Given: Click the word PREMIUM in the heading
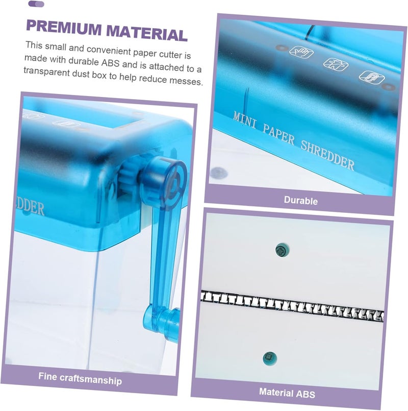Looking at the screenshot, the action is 64,27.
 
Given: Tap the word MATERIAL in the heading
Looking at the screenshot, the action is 147,33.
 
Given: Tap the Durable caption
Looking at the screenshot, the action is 300,201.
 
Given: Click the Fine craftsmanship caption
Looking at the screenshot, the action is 80,378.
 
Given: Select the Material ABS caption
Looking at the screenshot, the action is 287,393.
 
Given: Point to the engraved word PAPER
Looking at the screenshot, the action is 278,134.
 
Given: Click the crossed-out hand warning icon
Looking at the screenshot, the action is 301,52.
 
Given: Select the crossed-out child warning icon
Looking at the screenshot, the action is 336,64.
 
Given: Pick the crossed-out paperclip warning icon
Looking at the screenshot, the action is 372,77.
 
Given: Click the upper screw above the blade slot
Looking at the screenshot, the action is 282,250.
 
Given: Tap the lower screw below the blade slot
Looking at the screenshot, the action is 270,358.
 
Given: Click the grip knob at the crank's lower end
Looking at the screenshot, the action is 161,321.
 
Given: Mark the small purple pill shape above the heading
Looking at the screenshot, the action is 36,4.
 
